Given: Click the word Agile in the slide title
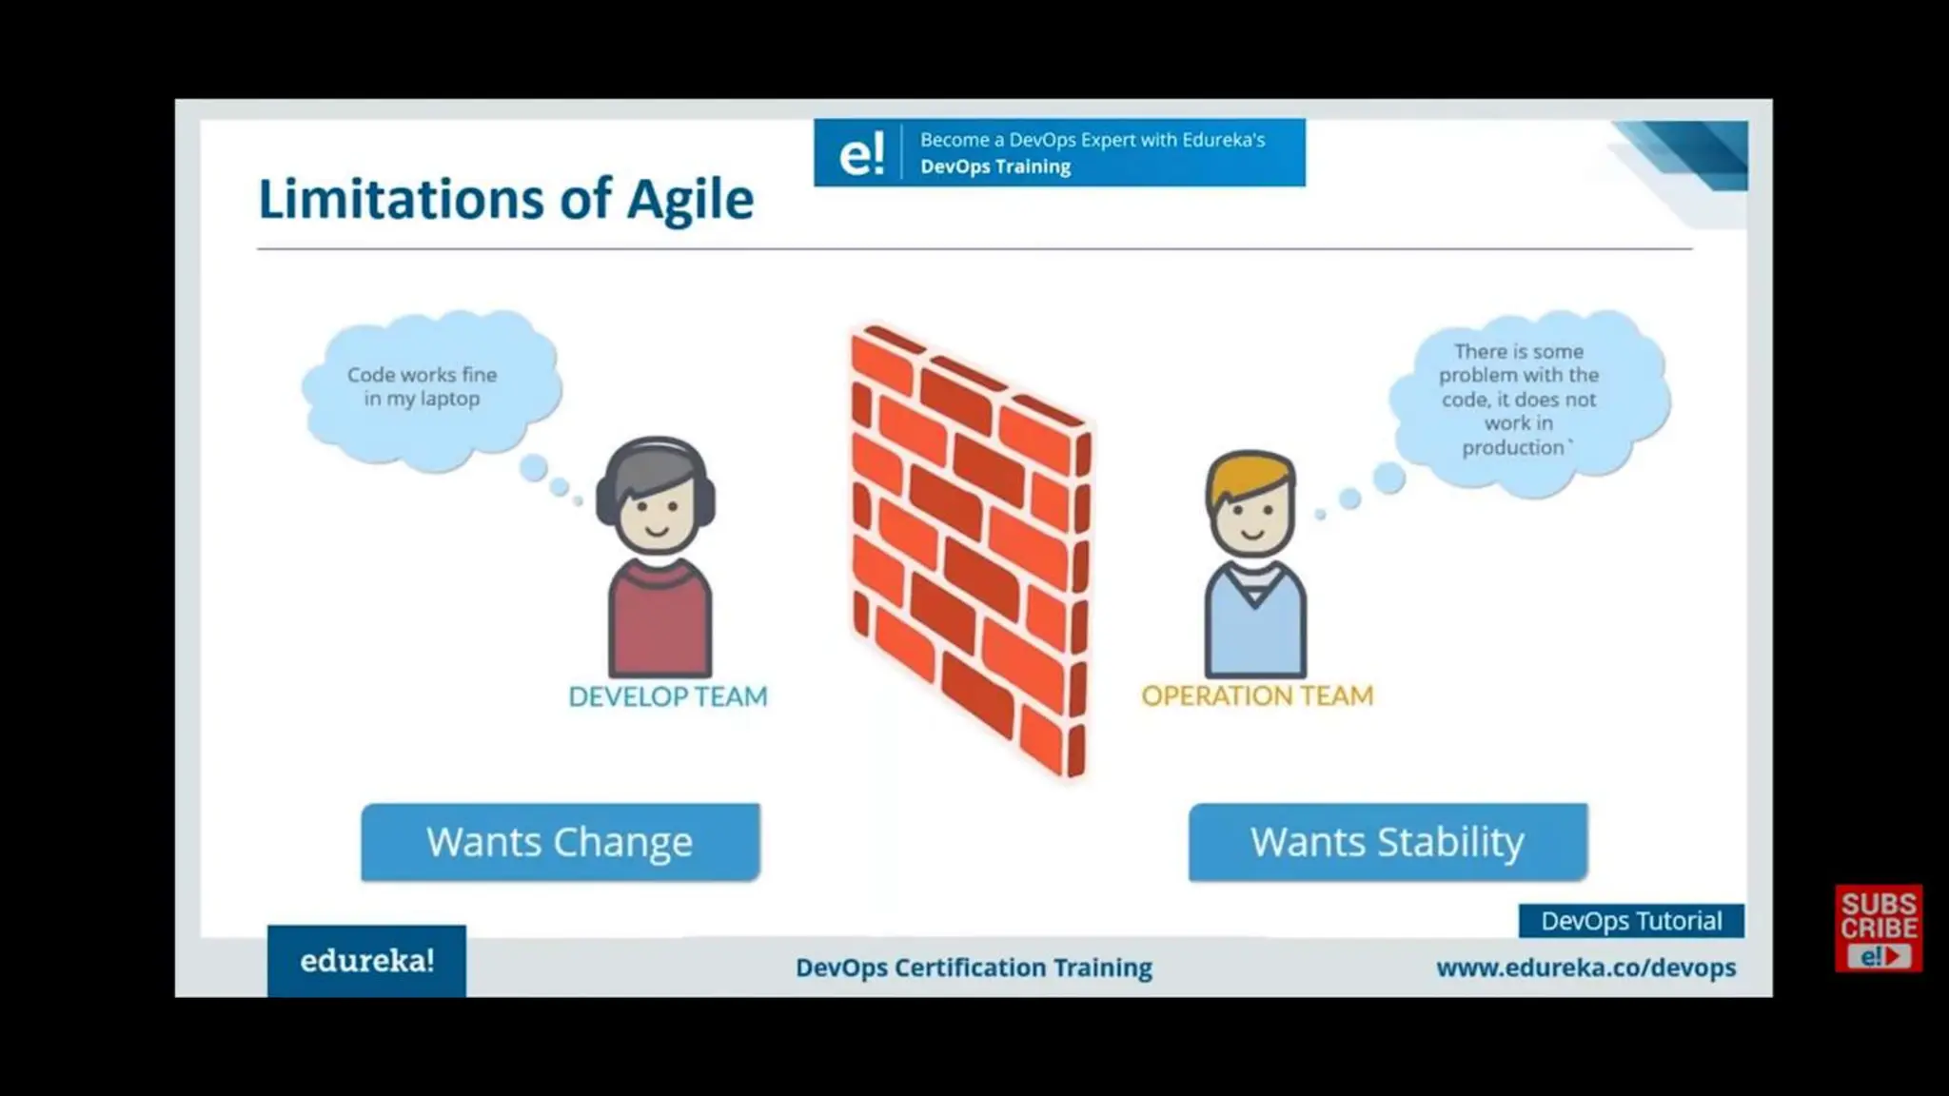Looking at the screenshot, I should [690, 200].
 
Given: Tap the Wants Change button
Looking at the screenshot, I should [560, 842].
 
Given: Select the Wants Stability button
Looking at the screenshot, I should [1387, 842].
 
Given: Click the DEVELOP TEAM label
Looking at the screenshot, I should [667, 696].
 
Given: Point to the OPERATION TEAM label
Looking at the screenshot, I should [1256, 695].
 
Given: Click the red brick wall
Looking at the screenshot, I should [969, 552].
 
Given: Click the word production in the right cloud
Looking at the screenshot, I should [1513, 447].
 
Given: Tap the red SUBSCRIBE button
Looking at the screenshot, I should [1878, 928].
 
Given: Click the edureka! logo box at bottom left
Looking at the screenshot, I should [366, 961].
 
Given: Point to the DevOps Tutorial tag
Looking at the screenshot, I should [1630, 921].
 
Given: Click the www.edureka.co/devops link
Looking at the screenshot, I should [1585, 968].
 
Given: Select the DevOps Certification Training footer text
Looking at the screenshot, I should [973, 968].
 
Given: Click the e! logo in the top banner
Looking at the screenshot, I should [861, 153].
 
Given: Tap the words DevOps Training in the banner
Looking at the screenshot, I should [994, 166].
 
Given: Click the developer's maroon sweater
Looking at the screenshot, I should [660, 623].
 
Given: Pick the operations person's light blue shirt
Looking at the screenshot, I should [1254, 633].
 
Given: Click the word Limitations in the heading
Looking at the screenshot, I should [401, 200].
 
